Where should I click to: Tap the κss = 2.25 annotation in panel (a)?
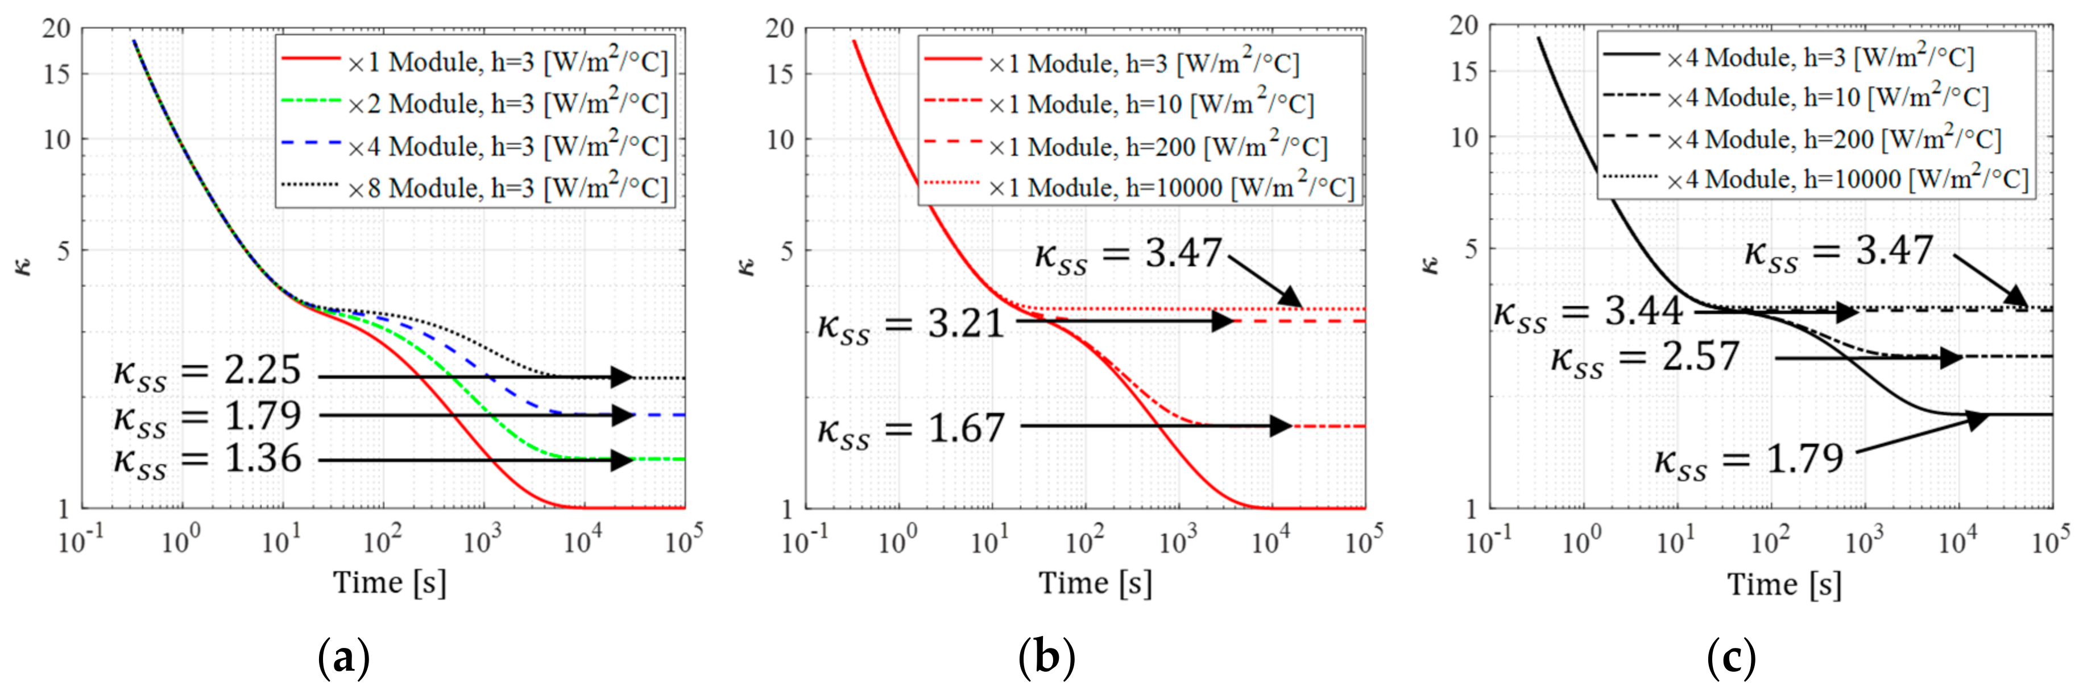pos(208,372)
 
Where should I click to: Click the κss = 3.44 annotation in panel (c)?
pos(1588,313)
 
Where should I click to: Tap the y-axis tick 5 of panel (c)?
pos(1471,249)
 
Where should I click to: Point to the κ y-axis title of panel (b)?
pos(747,266)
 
